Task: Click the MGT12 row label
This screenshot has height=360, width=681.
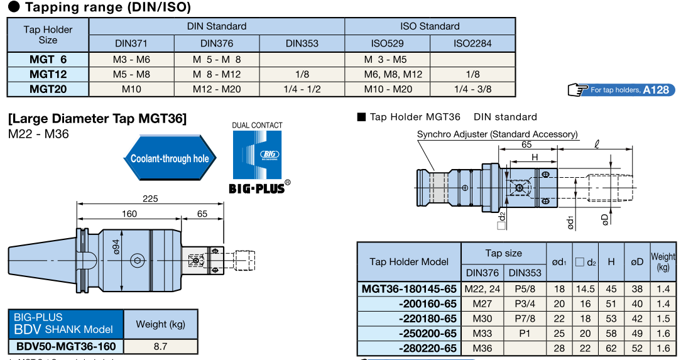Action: (x=48, y=74)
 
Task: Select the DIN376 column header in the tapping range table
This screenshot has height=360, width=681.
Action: (x=217, y=43)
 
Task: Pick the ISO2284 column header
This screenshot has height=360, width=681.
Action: (x=472, y=43)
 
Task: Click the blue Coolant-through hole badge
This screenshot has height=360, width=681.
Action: (x=170, y=158)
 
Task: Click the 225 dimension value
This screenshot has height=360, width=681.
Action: (x=150, y=199)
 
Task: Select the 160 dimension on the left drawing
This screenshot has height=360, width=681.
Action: (x=129, y=214)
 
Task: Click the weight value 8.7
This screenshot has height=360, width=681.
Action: (x=160, y=346)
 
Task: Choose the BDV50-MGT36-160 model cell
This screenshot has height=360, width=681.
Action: (x=65, y=346)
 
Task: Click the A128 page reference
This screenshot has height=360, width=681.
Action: (x=655, y=90)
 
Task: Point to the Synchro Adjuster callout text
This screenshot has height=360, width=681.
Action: (x=497, y=134)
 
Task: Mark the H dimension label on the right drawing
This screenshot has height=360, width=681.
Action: (x=535, y=157)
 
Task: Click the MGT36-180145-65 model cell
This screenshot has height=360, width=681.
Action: (x=409, y=288)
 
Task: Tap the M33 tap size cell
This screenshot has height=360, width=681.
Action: (x=482, y=334)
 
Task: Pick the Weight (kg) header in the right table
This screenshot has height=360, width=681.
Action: (x=663, y=261)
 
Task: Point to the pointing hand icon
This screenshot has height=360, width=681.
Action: (x=577, y=90)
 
